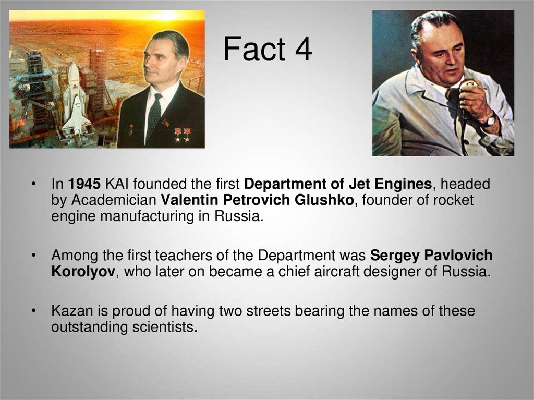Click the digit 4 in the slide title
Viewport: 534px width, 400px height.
(301, 50)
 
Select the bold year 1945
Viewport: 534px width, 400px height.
(84, 184)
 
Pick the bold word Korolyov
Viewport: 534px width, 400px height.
(83, 272)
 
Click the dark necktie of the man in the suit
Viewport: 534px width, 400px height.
(154, 117)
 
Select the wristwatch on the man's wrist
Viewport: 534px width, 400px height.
(490, 122)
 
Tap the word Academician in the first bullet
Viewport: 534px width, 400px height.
(113, 200)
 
